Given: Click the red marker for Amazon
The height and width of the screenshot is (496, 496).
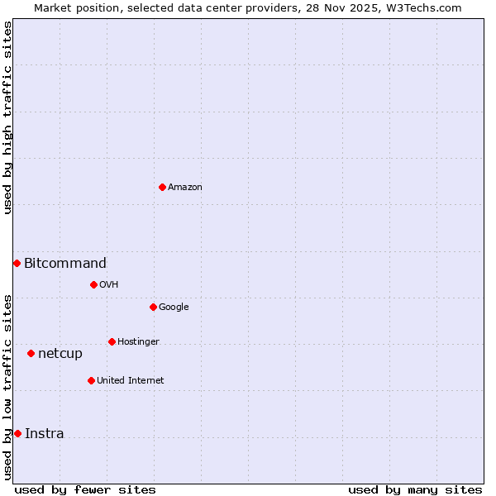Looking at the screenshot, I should [162, 187].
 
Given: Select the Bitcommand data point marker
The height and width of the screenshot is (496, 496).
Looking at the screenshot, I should [17, 263].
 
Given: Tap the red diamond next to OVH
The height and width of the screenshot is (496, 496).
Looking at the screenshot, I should [93, 284].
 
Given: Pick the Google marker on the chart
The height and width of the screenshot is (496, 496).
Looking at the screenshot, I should [153, 307].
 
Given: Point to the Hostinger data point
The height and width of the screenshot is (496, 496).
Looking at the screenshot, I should [112, 341].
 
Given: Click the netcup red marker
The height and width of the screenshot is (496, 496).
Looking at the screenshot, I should [31, 353].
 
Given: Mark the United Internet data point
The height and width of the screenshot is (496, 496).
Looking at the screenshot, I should [91, 380].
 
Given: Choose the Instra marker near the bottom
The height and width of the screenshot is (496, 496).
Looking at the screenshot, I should [17, 433].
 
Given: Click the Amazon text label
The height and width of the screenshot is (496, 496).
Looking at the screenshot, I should [185, 188].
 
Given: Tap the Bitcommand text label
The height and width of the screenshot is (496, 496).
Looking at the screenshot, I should [65, 264].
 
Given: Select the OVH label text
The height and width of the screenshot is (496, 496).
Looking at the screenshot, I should [109, 285].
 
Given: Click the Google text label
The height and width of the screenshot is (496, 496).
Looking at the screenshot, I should [174, 308].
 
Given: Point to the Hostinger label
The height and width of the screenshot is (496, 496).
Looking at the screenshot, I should [138, 342].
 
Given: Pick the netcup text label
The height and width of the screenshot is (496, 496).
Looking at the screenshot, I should [60, 354].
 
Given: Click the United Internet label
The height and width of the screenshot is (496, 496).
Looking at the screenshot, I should [131, 381].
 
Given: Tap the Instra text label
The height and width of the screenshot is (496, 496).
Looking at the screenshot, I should [45, 434].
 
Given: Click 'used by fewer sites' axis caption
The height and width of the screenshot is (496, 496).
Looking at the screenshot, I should [85, 489].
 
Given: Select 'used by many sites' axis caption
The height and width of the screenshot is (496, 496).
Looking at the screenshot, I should [415, 489].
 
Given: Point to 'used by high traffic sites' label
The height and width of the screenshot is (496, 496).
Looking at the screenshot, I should [8, 117].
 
